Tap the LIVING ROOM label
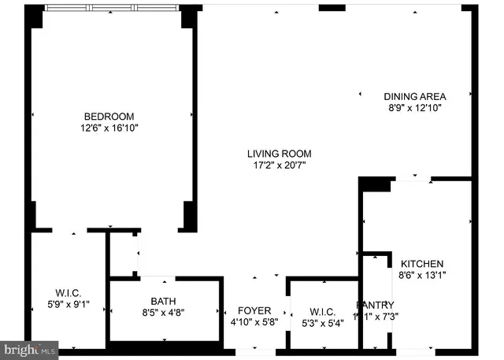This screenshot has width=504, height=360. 279,154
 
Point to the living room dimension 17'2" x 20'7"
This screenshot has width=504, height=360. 279,165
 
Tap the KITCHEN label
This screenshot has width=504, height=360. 422,264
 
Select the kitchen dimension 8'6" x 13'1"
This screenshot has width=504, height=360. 422,276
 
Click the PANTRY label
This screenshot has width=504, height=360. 375,305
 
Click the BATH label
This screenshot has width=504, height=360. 163,300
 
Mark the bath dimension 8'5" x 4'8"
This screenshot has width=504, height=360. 163,312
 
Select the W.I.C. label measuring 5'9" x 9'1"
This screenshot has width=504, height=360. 68,293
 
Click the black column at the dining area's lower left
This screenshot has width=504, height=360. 375,184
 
